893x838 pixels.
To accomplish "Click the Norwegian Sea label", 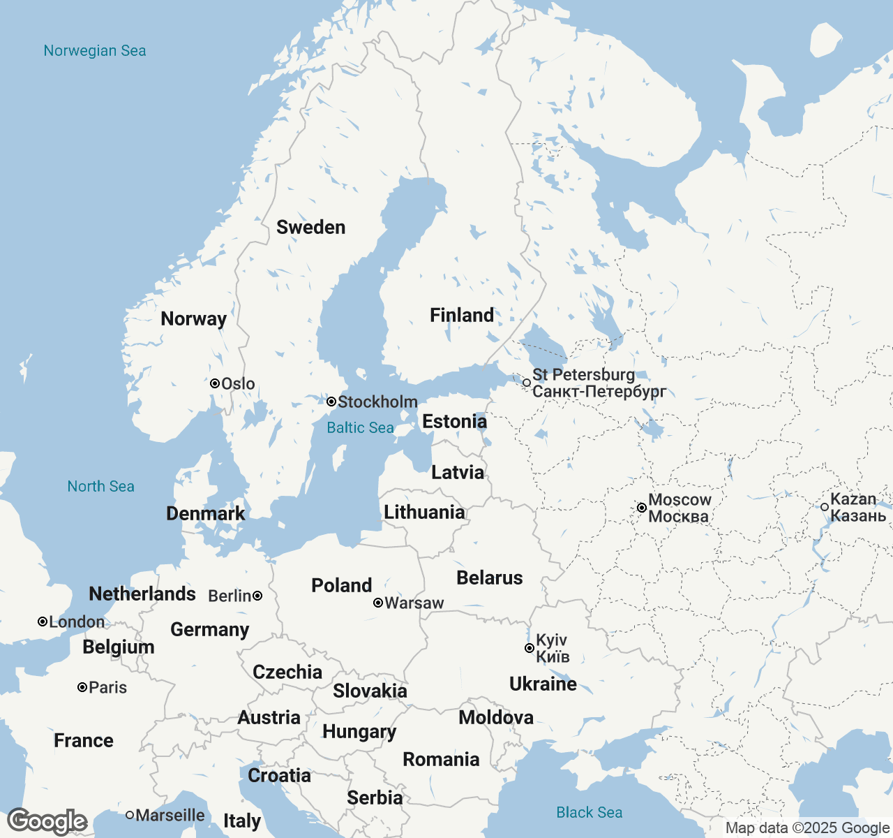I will pos(95,51).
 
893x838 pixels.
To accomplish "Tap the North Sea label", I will pos(100,487).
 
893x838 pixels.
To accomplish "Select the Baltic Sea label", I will pos(360,428).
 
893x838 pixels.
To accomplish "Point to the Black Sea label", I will pos(589,813).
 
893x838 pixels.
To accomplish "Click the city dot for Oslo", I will pos(215,383).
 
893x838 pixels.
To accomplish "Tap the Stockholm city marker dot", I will pos(331,402).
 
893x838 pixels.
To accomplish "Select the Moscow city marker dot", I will pos(641,508).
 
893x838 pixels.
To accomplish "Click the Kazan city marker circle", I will pos(825,507).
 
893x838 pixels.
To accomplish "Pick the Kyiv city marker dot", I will pos(529,648).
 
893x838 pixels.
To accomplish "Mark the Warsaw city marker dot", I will pos(377,603).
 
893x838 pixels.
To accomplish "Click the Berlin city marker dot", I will pos(257,596).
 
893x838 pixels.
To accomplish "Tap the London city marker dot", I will pos(43,622).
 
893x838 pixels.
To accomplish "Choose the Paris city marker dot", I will pos(82,687).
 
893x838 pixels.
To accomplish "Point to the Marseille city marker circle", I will pos(130,815).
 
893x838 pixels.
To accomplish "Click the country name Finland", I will pos(462,316).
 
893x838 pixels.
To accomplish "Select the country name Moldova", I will pos(496,718).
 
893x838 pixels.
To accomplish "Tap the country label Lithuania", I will pos(424,513).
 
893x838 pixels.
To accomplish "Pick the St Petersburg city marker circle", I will pos(527,383).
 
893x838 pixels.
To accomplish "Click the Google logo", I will pos(47,822).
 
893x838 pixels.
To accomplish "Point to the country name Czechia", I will pos(287,672).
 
